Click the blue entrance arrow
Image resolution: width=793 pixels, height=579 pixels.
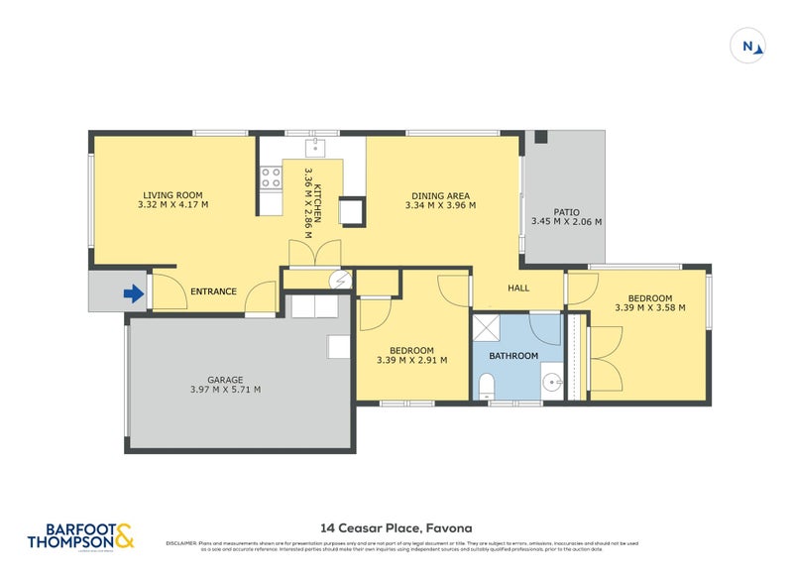132,292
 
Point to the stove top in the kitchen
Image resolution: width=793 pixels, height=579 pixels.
270,177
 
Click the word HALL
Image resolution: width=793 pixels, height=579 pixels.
519,289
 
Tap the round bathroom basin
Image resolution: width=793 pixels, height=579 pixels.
552,380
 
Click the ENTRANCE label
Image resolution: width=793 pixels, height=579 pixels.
213,291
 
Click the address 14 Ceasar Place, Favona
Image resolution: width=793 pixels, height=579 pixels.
396,528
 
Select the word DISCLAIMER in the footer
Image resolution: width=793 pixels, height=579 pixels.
182,543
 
